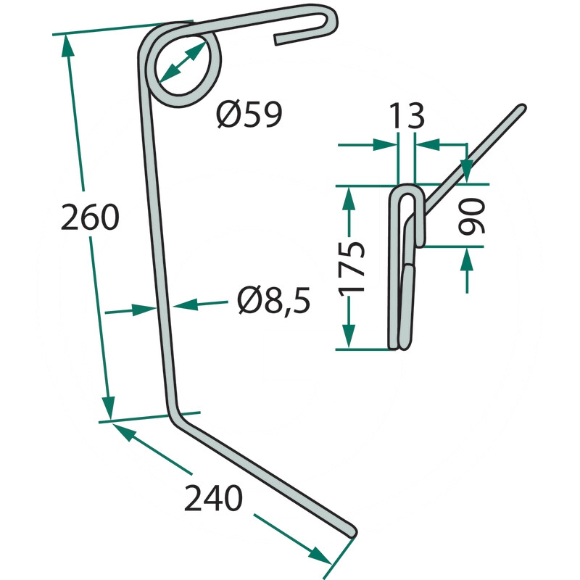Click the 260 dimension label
[x=90, y=217]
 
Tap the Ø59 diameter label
[x=249, y=115]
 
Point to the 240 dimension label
[x=213, y=498]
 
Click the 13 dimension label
[x=407, y=115]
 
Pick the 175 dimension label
[x=352, y=267]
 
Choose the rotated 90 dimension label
[x=471, y=216]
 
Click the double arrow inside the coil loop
[x=183, y=62]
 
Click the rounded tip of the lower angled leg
[x=352, y=532]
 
